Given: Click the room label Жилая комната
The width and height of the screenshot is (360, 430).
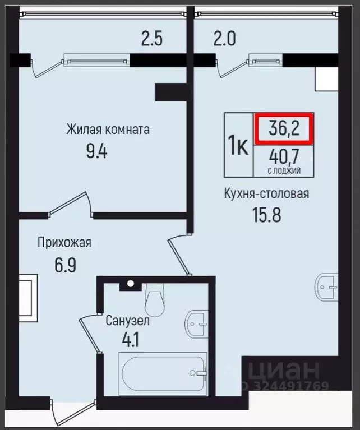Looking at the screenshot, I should click(x=108, y=130).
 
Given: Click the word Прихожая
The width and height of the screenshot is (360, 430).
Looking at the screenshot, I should click(x=64, y=243).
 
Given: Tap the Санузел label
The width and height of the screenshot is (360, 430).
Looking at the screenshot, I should click(x=128, y=321).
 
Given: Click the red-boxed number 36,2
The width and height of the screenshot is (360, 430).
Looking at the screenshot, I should click(x=284, y=128).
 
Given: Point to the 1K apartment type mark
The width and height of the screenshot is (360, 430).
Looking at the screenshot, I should click(x=238, y=145).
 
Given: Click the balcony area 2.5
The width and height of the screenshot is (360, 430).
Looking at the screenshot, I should click(x=151, y=40).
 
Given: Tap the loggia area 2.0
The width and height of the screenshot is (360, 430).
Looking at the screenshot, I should click(x=224, y=40).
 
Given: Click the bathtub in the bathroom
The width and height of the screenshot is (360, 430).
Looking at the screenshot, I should click(x=163, y=372).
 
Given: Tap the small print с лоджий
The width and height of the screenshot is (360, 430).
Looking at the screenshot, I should click(x=284, y=169).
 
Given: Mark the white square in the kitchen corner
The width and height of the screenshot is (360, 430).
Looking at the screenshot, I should click(x=326, y=79).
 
